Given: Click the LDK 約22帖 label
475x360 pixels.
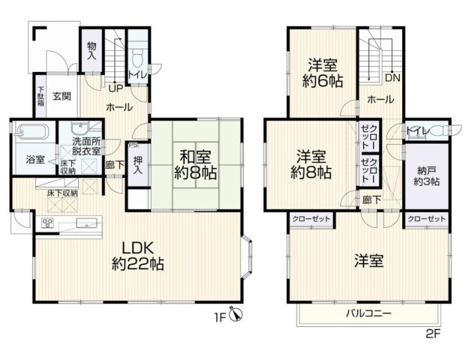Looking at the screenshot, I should [x=137, y=256].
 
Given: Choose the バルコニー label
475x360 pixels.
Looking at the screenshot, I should [x=368, y=312].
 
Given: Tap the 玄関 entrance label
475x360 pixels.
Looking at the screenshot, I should [x=62, y=95].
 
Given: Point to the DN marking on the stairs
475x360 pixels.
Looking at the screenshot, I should [x=392, y=77].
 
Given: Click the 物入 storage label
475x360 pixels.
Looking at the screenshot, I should [x=92, y=50].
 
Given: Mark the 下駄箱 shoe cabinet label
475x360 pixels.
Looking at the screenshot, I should [x=41, y=97].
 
